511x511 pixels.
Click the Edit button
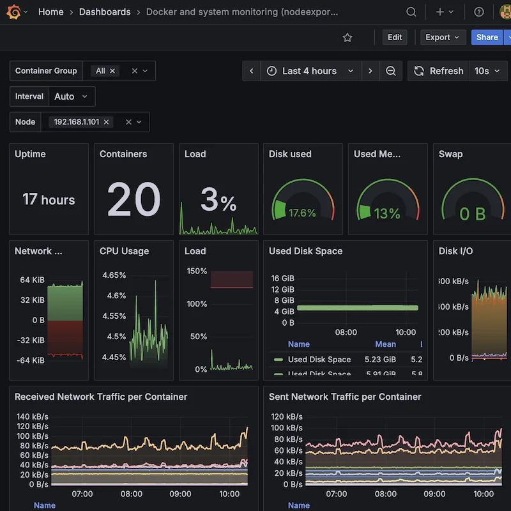[395, 37]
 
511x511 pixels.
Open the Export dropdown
[442, 37]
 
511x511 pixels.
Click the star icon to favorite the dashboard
[347, 38]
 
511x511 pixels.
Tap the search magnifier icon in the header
[412, 12]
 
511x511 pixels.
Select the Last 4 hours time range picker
[310, 71]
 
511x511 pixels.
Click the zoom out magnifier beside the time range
[391, 71]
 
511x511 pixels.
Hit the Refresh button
[439, 71]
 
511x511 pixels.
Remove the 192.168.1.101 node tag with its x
[106, 122]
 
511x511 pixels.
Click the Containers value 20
[133, 200]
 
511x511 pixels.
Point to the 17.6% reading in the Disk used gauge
[302, 213]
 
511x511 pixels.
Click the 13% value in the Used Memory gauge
[387, 213]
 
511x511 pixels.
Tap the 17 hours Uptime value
[49, 199]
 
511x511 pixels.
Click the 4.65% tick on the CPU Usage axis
[114, 275]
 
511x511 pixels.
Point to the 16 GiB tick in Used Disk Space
[282, 278]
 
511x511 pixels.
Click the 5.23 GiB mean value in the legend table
[380, 360]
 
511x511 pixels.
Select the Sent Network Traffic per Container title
[345, 397]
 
